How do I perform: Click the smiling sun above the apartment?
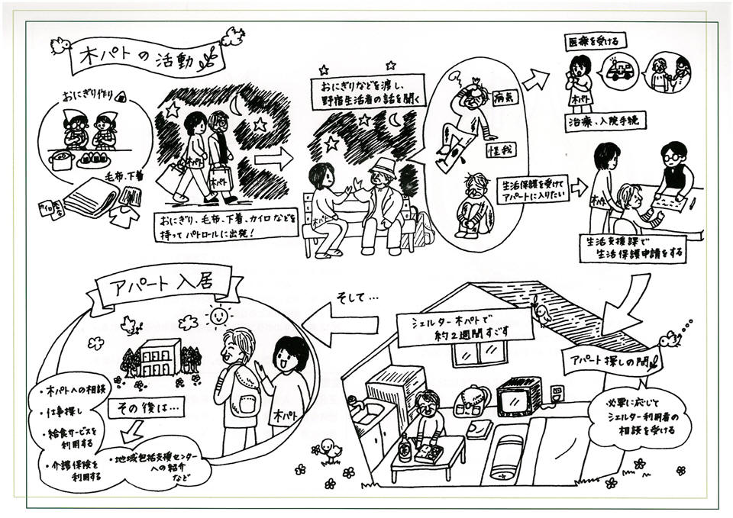pos(218,314)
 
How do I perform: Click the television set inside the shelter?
pos(519,397)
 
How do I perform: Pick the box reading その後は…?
pos(147,409)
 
